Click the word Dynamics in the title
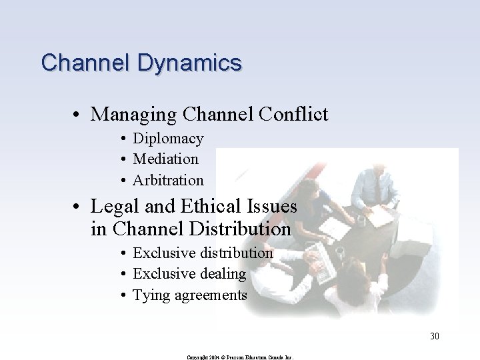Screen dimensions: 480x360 pos(190,63)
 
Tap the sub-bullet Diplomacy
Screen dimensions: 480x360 pos(168,139)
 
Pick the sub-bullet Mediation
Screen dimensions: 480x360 pos(165,159)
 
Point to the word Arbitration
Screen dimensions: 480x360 pos(168,180)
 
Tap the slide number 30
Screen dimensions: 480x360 pos(434,336)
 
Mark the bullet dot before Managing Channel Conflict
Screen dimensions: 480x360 pos(79,115)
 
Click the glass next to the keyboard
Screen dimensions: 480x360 pos(340,252)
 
